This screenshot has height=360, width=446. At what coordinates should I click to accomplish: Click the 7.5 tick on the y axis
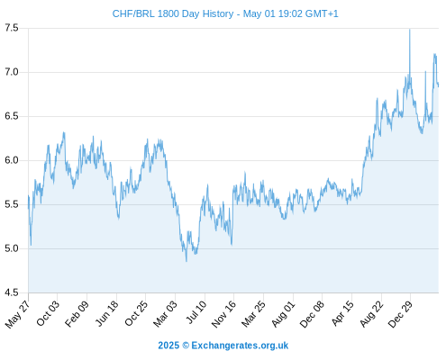(12, 28)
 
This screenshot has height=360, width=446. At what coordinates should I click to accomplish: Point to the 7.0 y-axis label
(12, 72)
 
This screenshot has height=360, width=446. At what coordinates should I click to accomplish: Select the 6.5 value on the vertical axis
(12, 116)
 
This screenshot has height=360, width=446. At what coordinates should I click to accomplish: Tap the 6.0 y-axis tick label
(12, 160)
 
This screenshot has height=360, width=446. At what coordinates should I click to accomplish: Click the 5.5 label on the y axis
(12, 204)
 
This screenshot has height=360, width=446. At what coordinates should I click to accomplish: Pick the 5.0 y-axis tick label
(12, 248)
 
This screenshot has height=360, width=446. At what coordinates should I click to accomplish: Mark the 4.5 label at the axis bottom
(12, 292)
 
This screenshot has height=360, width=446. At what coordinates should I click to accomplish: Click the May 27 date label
(18, 313)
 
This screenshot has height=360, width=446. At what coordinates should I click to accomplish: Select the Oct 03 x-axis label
(48, 313)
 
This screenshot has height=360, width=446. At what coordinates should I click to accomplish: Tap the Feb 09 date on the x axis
(77, 313)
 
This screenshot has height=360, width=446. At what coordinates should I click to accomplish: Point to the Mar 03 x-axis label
(165, 313)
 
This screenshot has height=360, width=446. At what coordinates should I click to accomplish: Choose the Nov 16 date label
(223, 314)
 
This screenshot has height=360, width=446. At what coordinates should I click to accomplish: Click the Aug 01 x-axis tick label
(283, 313)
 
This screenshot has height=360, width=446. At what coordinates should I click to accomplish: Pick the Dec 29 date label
(400, 314)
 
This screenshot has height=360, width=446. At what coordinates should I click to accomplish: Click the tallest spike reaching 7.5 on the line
(410, 30)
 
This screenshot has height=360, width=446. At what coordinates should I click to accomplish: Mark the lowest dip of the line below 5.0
(187, 261)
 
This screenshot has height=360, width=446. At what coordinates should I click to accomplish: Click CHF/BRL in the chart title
(133, 13)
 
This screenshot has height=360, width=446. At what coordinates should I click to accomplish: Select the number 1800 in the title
(168, 13)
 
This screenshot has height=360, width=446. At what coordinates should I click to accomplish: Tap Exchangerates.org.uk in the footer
(240, 346)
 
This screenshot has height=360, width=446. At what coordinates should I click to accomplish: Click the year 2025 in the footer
(168, 346)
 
